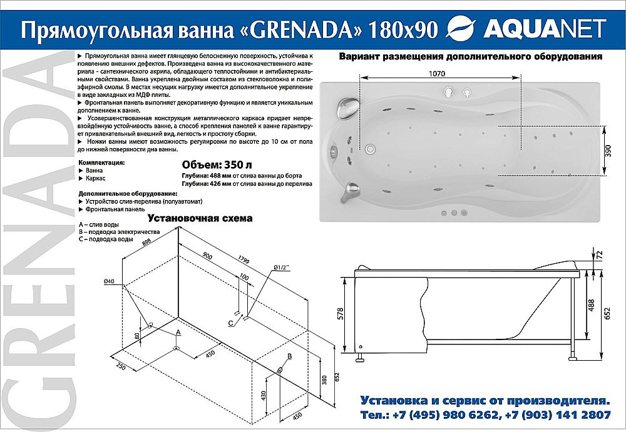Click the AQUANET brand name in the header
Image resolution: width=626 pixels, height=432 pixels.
coord(544,28)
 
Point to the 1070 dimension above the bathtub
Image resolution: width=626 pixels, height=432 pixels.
coord(437,73)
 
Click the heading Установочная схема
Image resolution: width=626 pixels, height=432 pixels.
coord(200,219)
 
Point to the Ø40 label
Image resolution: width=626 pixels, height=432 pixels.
coord(110,281)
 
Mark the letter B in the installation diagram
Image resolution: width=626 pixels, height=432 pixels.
coord(289,356)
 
